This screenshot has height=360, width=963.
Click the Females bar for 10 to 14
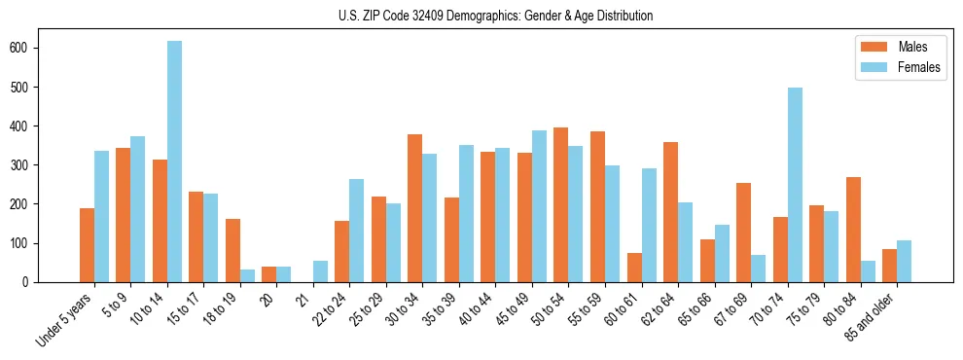click(x=174, y=162)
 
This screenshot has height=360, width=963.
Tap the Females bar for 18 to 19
click(x=247, y=275)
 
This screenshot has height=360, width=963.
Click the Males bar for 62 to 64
click(x=670, y=212)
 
